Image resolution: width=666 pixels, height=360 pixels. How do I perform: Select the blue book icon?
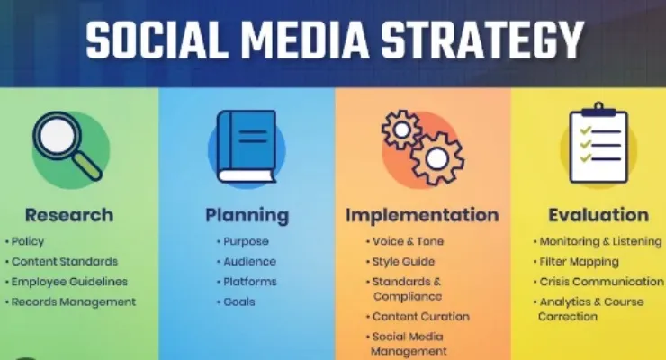click(247, 147)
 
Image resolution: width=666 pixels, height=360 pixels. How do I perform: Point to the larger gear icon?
click(437, 158)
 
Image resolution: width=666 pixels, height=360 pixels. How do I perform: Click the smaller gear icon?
click(401, 130)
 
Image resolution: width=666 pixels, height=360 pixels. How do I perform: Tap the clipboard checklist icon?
click(598, 143)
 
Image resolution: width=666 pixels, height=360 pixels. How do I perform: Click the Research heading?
click(69, 215)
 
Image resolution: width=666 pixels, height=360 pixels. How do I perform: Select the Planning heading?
click(247, 216)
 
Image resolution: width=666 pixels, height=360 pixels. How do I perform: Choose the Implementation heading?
click(422, 215)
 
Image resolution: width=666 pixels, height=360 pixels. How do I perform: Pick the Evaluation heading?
click(598, 215)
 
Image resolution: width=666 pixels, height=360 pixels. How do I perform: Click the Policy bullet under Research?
click(24, 241)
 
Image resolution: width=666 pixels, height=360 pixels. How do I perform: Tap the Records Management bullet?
click(70, 301)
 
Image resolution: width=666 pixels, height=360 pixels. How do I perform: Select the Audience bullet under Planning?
click(247, 262)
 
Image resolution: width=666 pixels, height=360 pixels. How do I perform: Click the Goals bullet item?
click(236, 301)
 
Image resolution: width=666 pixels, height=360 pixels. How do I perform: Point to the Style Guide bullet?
click(400, 262)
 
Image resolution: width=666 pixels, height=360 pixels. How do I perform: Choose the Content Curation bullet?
click(418, 316)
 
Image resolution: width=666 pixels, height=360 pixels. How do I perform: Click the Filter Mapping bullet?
click(576, 262)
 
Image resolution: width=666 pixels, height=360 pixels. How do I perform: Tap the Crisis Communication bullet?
click(598, 282)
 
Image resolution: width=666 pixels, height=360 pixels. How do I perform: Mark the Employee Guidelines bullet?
click(67, 282)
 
